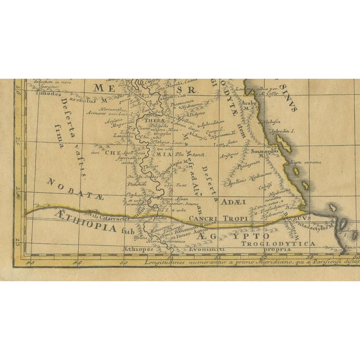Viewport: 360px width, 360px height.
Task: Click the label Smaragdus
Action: (264, 151)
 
